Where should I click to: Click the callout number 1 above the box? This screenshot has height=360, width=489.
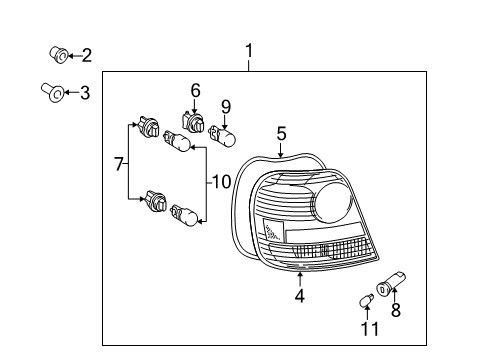(x=250, y=50)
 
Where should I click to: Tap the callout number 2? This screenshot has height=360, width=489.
(x=87, y=54)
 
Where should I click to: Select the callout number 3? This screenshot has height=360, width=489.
(x=85, y=94)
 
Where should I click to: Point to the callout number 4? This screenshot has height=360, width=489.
(x=299, y=295)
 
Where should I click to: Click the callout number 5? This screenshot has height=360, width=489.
(x=282, y=132)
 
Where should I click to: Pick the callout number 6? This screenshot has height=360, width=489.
(x=195, y=90)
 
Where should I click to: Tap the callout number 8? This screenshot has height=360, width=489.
(x=395, y=311)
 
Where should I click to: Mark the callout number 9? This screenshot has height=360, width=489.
(x=226, y=106)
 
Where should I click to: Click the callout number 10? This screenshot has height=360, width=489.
(x=219, y=183)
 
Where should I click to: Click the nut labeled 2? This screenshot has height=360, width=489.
(x=58, y=53)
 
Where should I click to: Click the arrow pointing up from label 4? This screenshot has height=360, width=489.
(x=299, y=277)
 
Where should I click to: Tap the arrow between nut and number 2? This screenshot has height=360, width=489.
(x=73, y=54)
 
